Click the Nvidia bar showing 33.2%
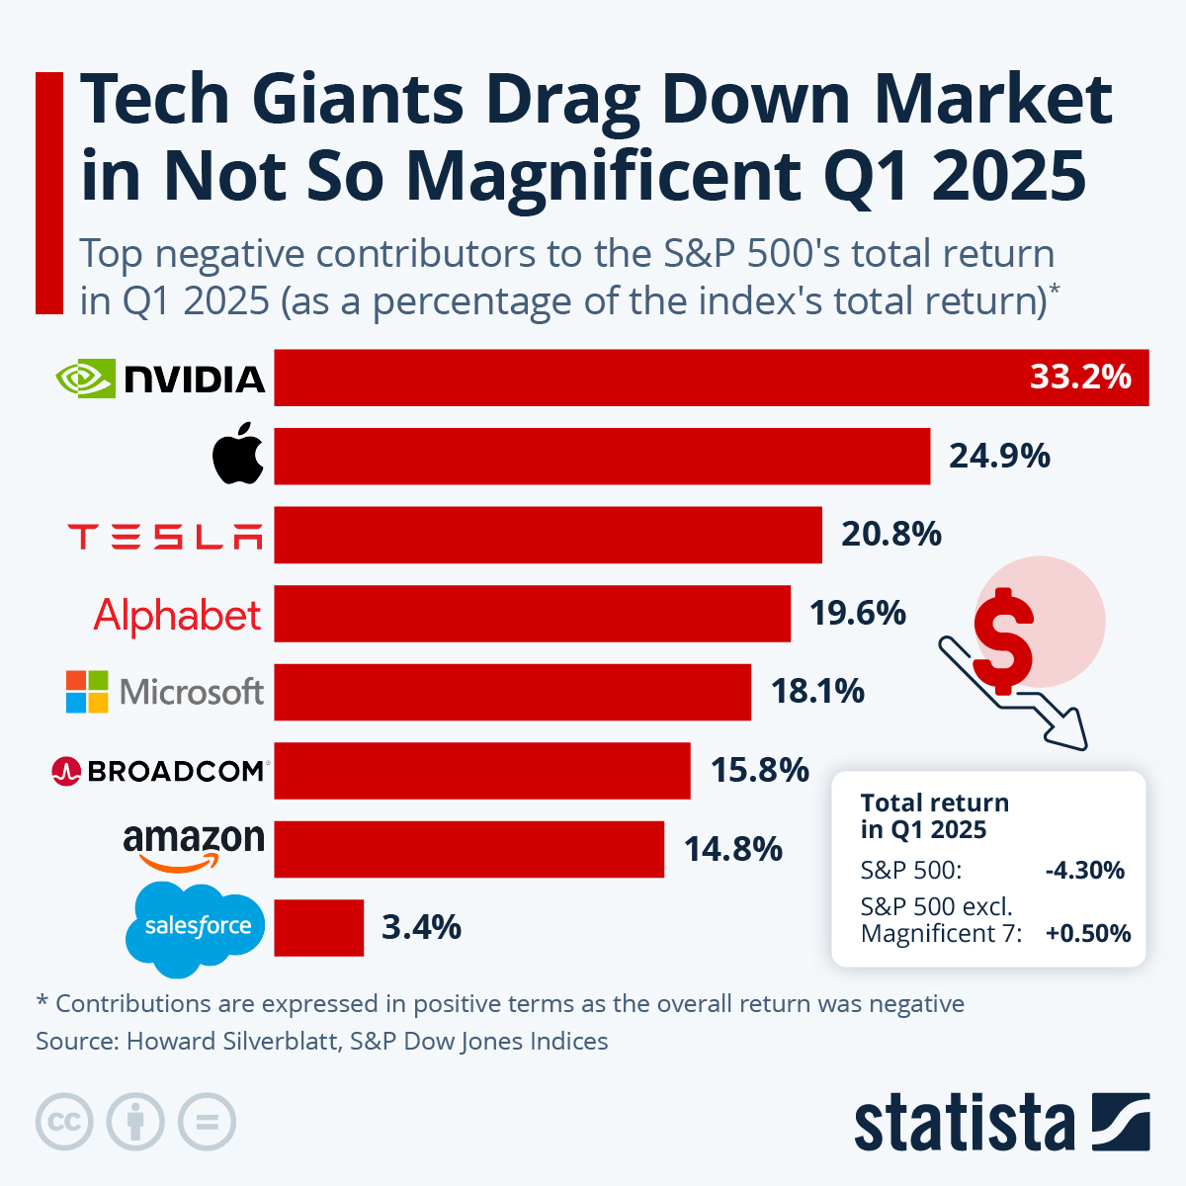[712, 378]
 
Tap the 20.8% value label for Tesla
[890, 534]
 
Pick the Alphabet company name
[178, 615]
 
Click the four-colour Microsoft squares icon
[87, 692]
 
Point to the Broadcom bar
[482, 770]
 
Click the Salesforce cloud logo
[196, 927]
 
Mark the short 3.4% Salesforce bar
[318, 928]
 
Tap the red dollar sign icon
[1003, 640]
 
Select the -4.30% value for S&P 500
[1084, 871]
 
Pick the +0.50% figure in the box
[1087, 934]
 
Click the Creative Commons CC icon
[64, 1123]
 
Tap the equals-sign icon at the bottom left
[207, 1123]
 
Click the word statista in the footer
[964, 1124]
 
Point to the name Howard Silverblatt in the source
[233, 1041]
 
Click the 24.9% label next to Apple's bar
[999, 456]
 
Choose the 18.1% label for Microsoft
[817, 691]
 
